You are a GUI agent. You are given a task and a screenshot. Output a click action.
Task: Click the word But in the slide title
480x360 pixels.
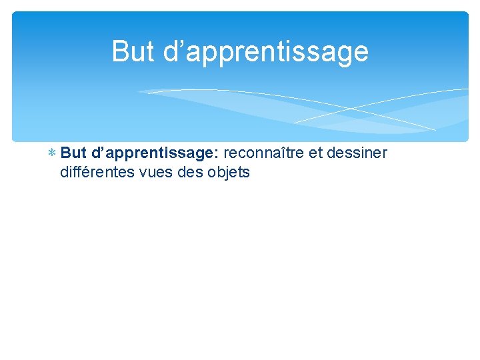pyautogui.click(x=133, y=51)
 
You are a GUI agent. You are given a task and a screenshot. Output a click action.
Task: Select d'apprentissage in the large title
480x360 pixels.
pyautogui.click(x=265, y=52)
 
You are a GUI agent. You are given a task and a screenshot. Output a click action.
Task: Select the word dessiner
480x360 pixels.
pyautogui.click(x=357, y=153)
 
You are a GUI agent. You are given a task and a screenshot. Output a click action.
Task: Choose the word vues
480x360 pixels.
pyautogui.click(x=156, y=172)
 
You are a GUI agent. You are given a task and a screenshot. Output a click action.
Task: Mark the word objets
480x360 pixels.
pyautogui.click(x=229, y=172)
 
